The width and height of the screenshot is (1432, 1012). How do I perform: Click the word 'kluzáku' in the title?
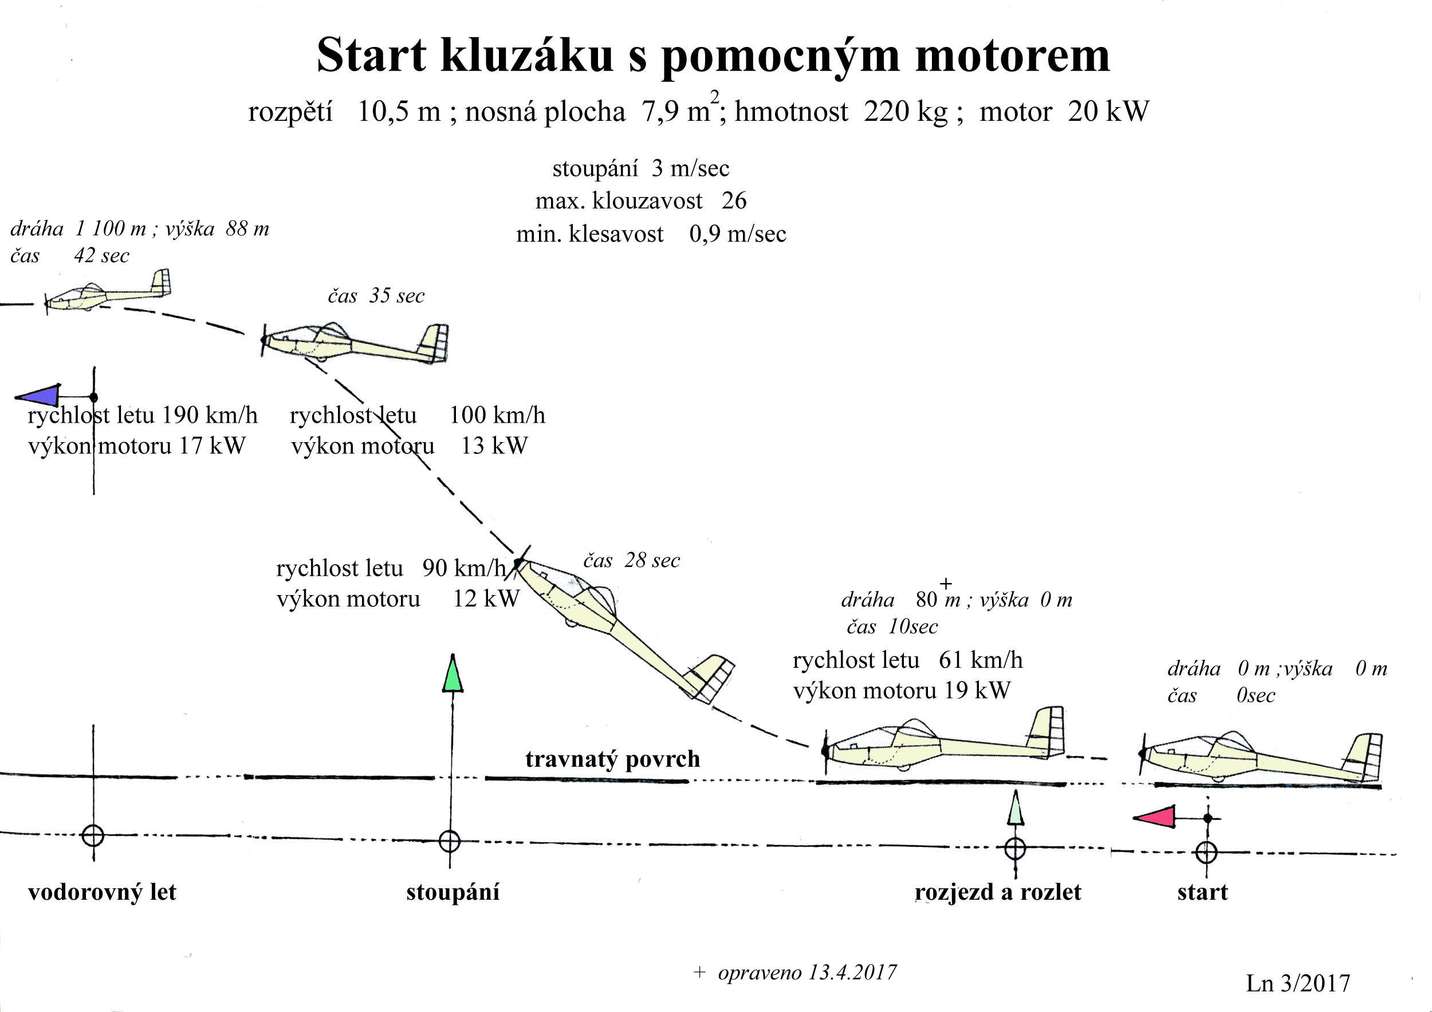[x=526, y=56]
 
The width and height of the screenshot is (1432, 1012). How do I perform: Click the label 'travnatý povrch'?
[x=612, y=759]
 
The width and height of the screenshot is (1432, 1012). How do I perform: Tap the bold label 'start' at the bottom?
[x=1202, y=892]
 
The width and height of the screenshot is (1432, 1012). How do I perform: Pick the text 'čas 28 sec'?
[x=631, y=561]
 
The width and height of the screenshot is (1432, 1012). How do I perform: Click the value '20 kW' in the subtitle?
[x=1108, y=112]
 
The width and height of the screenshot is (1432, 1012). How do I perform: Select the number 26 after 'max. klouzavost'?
[x=734, y=201]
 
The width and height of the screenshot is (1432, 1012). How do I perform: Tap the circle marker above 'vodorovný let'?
[x=93, y=835]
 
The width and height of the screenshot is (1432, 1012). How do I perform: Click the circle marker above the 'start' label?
[x=1206, y=852]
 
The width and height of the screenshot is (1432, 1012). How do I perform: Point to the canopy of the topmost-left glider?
[x=92, y=289]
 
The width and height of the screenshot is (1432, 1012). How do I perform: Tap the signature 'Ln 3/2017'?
[x=1298, y=983]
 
